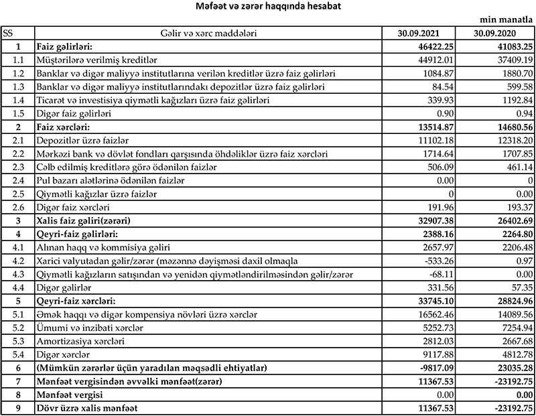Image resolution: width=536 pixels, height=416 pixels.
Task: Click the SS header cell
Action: [9, 33]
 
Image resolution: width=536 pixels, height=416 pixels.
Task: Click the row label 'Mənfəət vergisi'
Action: [72, 395]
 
